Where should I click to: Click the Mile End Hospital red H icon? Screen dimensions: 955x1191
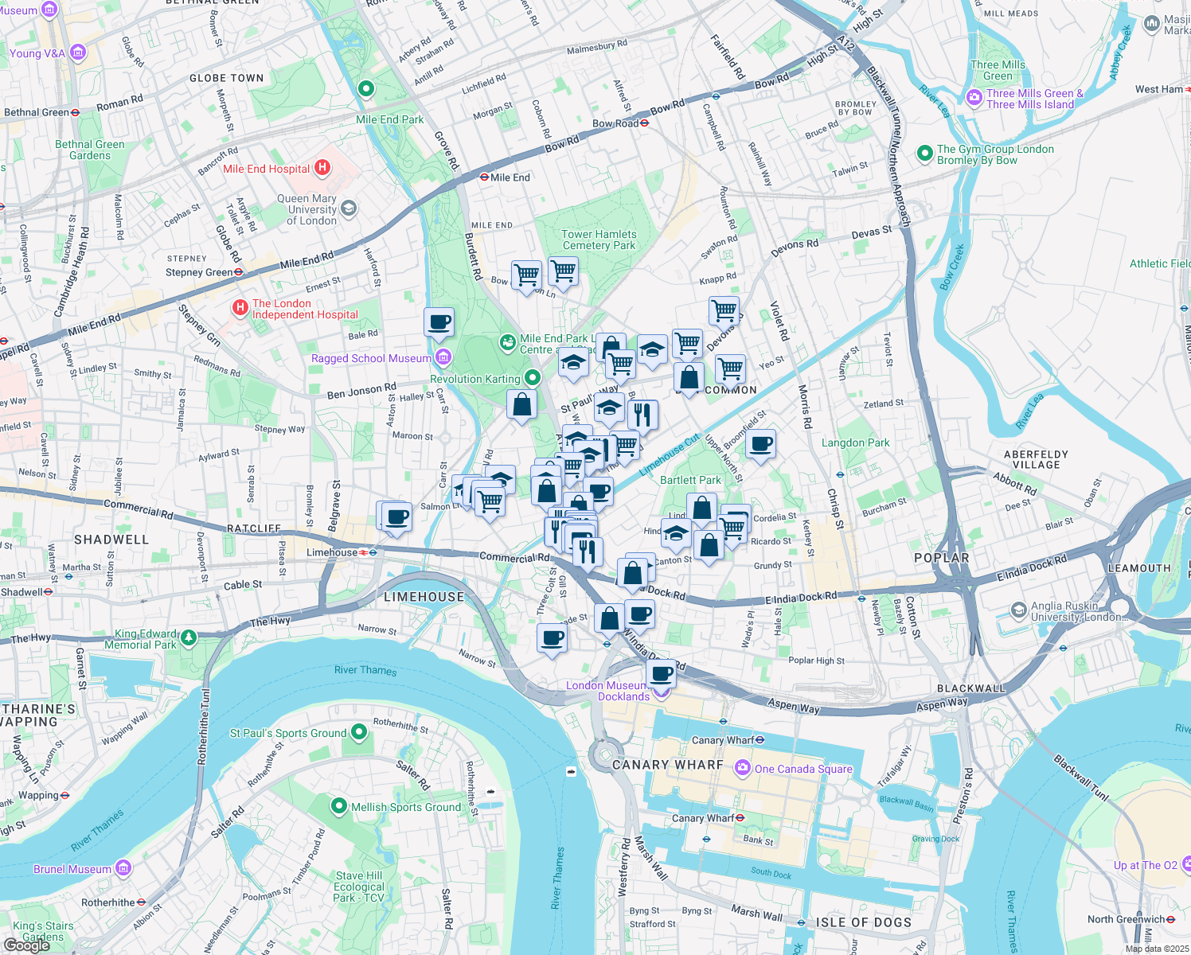pos(322,168)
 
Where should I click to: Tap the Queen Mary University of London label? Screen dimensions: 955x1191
pos(307,210)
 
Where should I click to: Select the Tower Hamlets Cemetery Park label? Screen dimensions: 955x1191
pos(599,240)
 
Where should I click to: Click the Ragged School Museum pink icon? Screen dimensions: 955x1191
pos(443,358)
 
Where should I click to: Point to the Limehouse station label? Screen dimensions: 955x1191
pos(333,552)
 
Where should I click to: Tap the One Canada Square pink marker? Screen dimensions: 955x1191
pos(743,769)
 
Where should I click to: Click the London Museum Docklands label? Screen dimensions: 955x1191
pos(607,691)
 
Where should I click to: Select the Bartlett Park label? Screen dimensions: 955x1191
pos(690,480)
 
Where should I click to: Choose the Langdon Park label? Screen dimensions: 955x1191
pos(855,442)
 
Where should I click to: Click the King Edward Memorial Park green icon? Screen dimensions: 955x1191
pos(189,637)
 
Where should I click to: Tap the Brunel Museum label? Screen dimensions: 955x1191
pos(72,869)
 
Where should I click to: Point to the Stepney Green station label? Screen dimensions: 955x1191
pos(199,272)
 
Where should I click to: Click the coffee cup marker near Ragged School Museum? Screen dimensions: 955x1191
pos(439,322)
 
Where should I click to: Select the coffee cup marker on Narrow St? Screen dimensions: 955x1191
pos(552,637)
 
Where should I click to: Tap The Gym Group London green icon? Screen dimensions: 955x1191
pos(924,153)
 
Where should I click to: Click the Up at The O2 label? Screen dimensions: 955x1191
pos(1145,865)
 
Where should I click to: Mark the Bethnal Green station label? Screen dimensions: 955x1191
pos(37,112)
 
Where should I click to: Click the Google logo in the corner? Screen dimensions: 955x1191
pos(26,945)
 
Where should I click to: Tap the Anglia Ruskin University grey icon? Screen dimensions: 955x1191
pos(1018,610)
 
